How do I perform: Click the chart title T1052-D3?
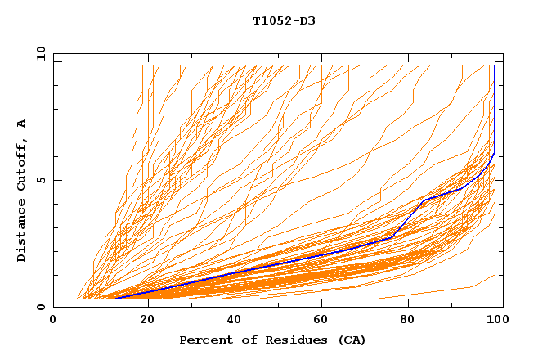(284, 20)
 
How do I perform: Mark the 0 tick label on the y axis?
(40, 308)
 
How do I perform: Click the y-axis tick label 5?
(40, 181)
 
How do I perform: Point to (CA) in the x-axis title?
(352, 340)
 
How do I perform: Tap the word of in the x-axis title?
(246, 340)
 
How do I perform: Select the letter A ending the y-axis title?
(21, 124)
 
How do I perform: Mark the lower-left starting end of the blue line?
(114, 299)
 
